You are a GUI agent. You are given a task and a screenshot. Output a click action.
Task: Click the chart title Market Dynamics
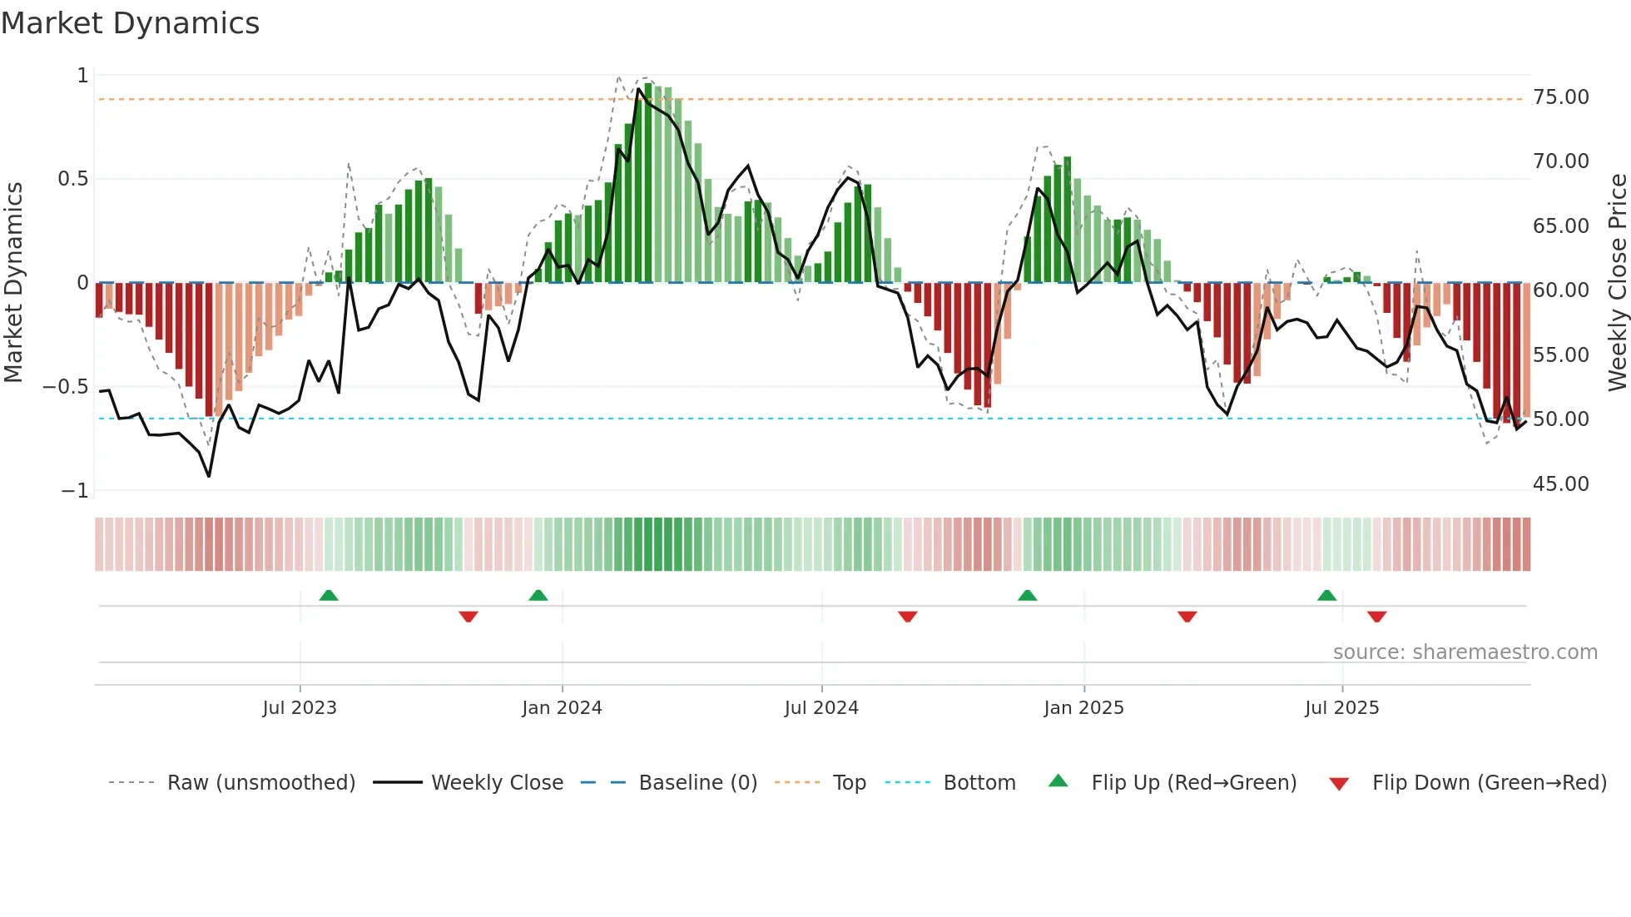click(x=130, y=23)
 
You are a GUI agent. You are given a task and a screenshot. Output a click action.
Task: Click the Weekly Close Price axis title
click(x=1617, y=283)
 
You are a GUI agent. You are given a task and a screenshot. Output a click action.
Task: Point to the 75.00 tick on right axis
click(x=1560, y=97)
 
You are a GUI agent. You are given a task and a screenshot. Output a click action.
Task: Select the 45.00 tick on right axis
click(x=1560, y=484)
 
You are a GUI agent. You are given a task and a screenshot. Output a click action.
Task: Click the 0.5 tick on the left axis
click(x=72, y=179)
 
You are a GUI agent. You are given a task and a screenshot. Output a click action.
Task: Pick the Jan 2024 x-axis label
click(x=562, y=708)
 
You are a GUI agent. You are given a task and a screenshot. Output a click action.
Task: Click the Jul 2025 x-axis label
click(x=1341, y=708)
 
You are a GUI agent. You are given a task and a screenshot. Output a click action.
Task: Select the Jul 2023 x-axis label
click(x=300, y=708)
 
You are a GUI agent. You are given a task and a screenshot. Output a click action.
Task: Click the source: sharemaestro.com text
click(x=1465, y=652)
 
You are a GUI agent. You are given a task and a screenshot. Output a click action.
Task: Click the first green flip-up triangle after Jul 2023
click(x=329, y=595)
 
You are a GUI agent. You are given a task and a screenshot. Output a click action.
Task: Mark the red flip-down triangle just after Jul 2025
click(x=1376, y=617)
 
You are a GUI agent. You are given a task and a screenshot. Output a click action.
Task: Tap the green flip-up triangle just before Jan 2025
click(x=1027, y=595)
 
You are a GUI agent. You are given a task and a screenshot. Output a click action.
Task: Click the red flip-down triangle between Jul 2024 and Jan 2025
click(x=907, y=617)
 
